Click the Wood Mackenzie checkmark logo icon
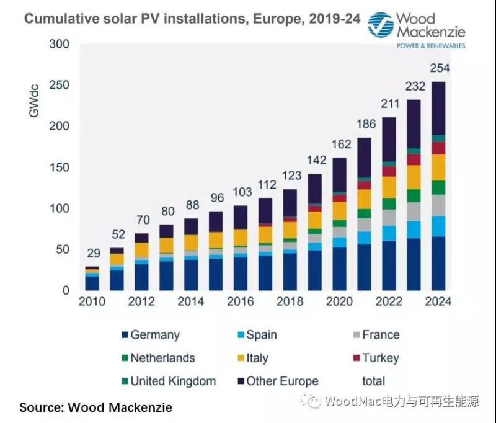[381, 25]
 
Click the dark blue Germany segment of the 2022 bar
[389, 265]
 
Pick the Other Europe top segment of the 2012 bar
[141, 238]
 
